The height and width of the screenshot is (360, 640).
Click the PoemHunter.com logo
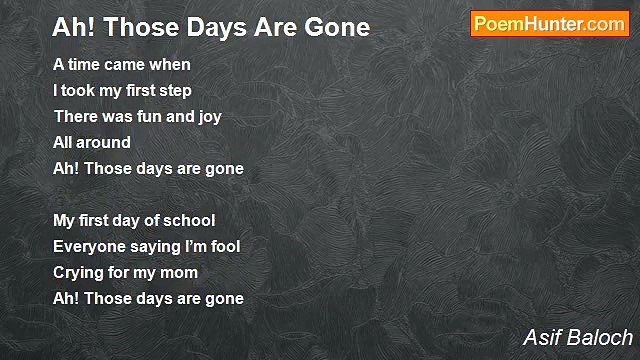pos(549,24)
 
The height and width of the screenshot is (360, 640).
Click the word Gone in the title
pos(336,27)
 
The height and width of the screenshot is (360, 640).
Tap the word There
pos(75,117)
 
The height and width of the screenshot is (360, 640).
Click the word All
pos(63,143)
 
